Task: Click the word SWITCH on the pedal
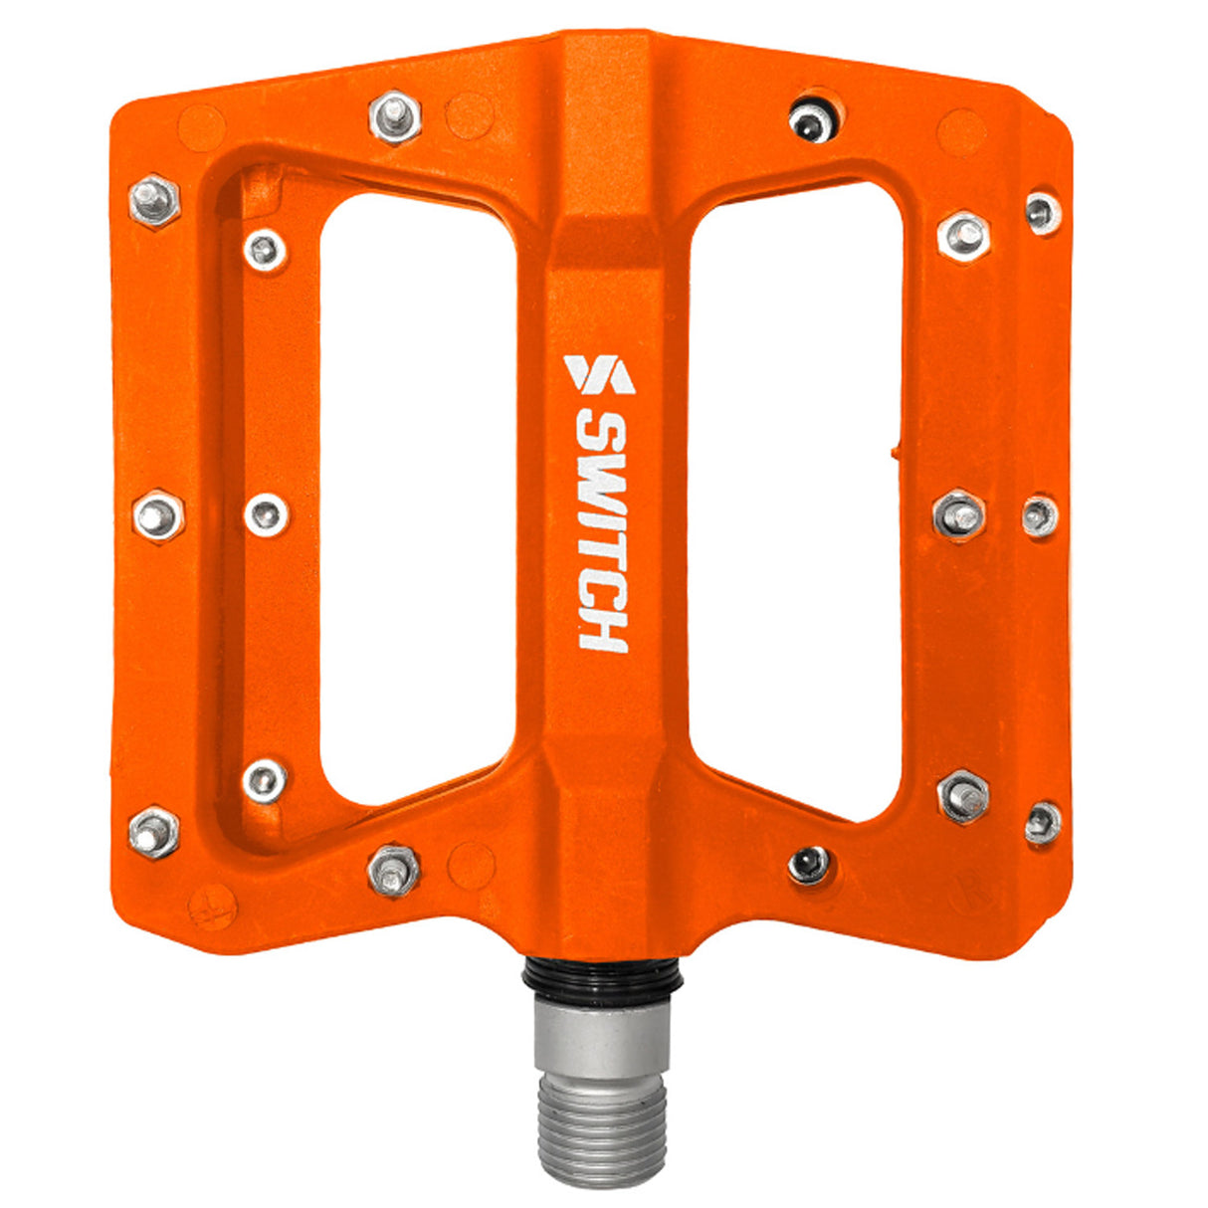pos(603,533)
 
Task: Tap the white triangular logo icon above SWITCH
pos(599,374)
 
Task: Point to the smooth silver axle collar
pos(603,1035)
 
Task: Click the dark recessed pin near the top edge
pos(810,121)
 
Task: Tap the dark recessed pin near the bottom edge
pos(809,863)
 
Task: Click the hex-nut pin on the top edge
pos(395,117)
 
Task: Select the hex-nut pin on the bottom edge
pos(394,871)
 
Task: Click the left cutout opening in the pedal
pos(418,498)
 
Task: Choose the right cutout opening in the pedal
pos(795,498)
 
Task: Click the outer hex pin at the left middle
pos(159,515)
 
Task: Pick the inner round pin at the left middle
pos(267,514)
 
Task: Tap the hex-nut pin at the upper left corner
pos(154,202)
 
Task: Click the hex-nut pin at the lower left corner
pos(154,833)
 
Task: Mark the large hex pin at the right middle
pos(960,514)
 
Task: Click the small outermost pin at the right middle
pos(1039,515)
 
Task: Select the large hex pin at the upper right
pos(963,236)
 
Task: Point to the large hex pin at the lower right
pos(963,796)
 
